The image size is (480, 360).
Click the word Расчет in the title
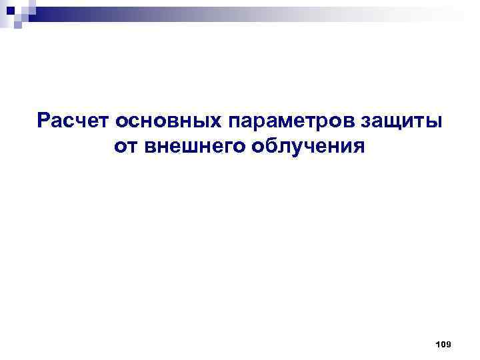point(73,121)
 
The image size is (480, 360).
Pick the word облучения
point(308,145)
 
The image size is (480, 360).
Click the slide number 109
point(443,344)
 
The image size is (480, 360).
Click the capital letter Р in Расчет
point(44,121)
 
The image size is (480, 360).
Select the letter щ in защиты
point(400,123)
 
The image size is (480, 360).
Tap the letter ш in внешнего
point(188,145)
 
